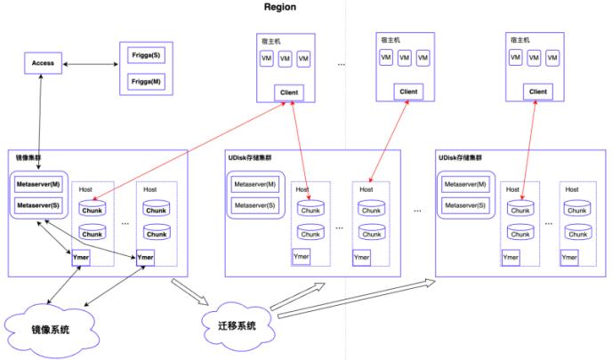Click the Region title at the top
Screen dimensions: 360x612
click(280, 7)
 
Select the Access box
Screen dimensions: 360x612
click(44, 64)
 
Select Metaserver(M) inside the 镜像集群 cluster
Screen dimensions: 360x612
click(38, 186)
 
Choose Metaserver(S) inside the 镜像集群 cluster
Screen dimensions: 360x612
click(38, 206)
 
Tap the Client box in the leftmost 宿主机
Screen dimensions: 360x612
click(289, 92)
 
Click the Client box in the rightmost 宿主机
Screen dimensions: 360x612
click(538, 92)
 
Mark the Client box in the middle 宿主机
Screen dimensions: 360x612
click(408, 92)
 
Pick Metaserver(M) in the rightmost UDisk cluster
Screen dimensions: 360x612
click(465, 184)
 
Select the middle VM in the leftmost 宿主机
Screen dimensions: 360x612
click(285, 59)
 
